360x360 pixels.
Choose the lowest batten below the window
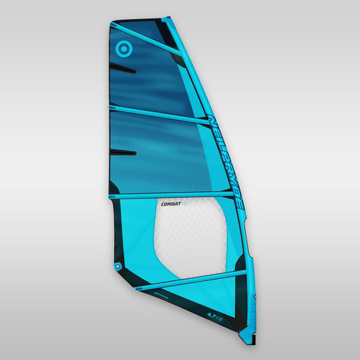point(189,280)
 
